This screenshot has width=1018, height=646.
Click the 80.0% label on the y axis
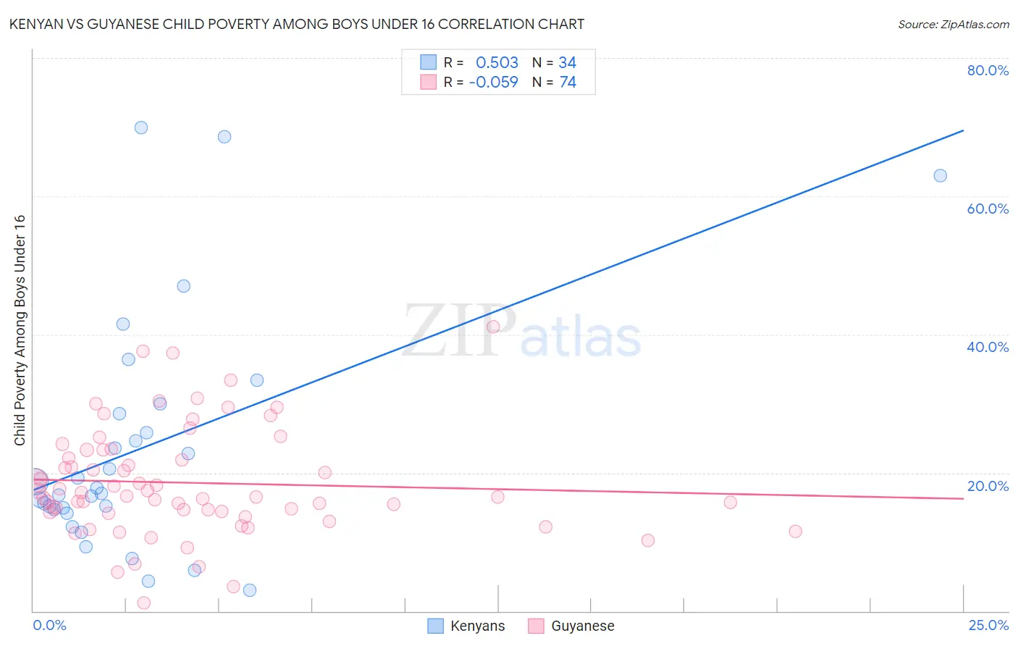988,70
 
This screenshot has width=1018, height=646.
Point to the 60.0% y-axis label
988,209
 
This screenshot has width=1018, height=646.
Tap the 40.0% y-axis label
988,347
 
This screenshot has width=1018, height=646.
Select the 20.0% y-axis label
988,486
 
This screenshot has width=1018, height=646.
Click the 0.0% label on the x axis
49,625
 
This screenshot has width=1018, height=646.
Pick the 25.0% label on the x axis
988,625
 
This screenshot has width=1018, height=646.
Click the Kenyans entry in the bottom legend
476,626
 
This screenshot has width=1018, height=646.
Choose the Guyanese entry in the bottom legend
582,626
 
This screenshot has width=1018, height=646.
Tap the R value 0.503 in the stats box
497,63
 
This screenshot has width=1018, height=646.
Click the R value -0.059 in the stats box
494,83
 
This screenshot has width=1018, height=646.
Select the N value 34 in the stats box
567,63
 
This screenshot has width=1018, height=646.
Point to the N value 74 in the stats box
568,83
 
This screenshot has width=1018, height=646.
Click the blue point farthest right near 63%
940,175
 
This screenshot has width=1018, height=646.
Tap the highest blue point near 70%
141,127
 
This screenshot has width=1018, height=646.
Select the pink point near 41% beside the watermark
493,327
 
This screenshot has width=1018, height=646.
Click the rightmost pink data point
795,532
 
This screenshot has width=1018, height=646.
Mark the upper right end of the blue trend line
963,130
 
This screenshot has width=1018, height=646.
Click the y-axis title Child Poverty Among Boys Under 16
20,330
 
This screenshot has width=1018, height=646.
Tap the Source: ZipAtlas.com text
953,25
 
